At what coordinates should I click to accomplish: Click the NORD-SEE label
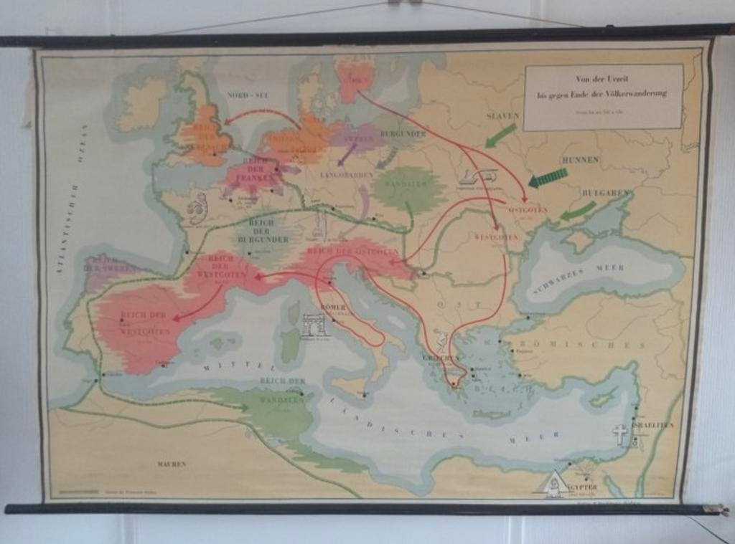(248, 95)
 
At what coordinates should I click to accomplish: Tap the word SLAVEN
(502, 115)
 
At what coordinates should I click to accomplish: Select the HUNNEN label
(580, 159)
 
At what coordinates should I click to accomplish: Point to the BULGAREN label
(606, 193)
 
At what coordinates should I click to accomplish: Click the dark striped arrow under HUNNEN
(548, 177)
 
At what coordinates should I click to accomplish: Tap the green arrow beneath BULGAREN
(578, 211)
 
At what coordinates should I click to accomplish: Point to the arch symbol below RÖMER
(314, 325)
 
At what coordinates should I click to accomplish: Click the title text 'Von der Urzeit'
(602, 79)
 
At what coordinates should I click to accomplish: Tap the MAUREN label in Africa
(172, 464)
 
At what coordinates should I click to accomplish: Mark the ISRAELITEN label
(652, 425)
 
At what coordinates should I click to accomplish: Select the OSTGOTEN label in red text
(528, 210)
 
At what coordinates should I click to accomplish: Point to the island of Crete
(491, 414)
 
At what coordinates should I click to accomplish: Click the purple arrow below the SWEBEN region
(347, 154)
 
